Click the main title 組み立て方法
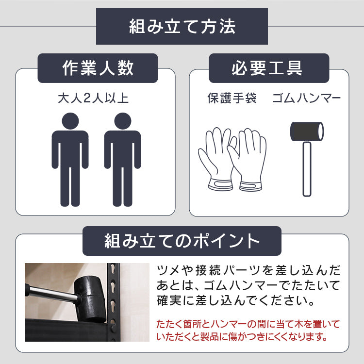click(182, 26)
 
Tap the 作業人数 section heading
click(98, 68)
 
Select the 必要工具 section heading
click(267, 68)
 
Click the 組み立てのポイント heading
click(182, 241)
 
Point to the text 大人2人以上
click(93, 98)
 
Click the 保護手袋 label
click(232, 98)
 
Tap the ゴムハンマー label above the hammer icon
click(306, 98)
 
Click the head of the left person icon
click(70, 121)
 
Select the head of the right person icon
click(123, 121)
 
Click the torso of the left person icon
click(70, 149)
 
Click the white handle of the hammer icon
click(307, 169)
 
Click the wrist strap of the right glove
click(251, 186)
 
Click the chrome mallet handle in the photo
click(52, 293)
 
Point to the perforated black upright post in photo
click(114, 302)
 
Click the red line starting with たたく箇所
click(248, 324)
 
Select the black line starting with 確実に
click(236, 300)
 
